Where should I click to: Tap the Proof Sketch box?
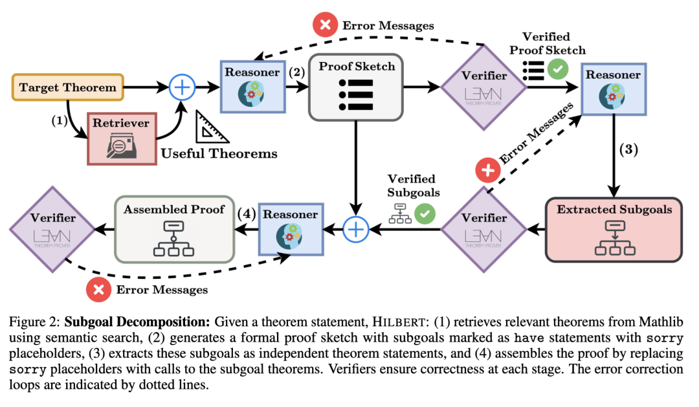[x=355, y=87]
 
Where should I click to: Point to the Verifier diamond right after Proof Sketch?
[x=484, y=87]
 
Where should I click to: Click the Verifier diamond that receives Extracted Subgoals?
[x=484, y=228]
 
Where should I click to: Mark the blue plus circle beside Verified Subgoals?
[x=355, y=228]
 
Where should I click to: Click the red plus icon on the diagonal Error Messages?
[x=487, y=171]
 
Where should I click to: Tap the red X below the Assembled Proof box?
[x=98, y=290]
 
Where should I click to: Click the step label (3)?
[x=629, y=150]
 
